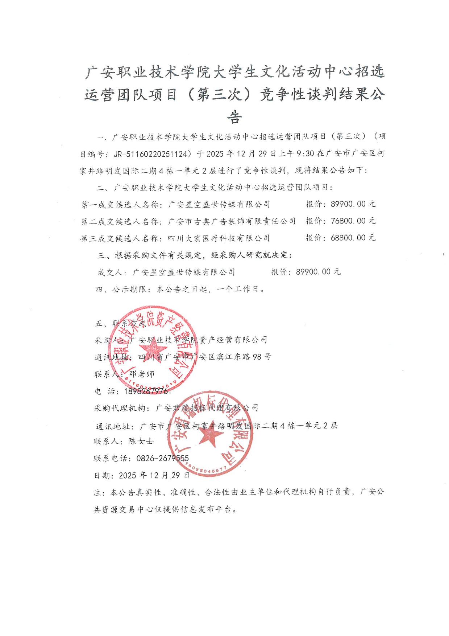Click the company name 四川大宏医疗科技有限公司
[219, 238]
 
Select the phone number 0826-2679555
[162, 459]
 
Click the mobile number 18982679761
[147, 391]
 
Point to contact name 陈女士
[141, 442]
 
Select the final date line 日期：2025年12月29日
[141, 475]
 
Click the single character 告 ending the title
[234, 117]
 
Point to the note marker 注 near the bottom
[97, 492]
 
